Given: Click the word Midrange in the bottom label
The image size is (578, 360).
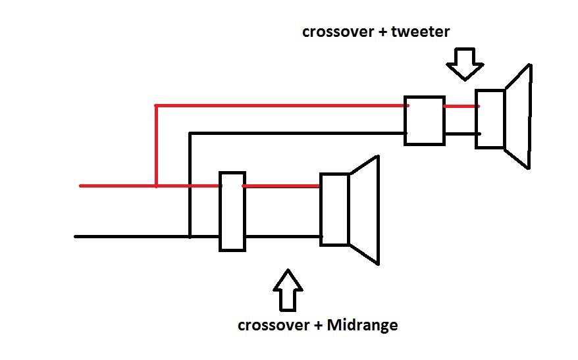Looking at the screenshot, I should pyautogui.click(x=366, y=325).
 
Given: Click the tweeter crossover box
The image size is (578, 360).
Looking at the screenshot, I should pyautogui.click(x=424, y=120).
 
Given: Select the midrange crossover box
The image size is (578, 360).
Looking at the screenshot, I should pyautogui.click(x=232, y=211).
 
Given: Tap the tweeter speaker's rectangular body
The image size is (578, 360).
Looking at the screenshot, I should pyautogui.click(x=490, y=120).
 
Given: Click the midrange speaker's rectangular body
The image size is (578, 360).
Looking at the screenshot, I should pyautogui.click(x=334, y=209).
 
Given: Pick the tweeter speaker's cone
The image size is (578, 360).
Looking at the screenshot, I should pyautogui.click(x=518, y=117).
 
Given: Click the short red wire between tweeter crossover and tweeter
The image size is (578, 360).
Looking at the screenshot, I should pyautogui.click(x=460, y=105).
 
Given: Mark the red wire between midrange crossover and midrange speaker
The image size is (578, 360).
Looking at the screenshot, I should pyautogui.click(x=282, y=186).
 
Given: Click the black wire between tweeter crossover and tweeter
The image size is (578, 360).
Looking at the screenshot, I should pyautogui.click(x=460, y=134).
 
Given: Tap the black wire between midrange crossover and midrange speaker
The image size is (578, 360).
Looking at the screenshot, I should pyautogui.click(x=282, y=236).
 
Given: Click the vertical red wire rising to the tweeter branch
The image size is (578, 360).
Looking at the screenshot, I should pyautogui.click(x=156, y=145).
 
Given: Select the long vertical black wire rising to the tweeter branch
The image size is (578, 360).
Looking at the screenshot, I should pyautogui.click(x=190, y=184).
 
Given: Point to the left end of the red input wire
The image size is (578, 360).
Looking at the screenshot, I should pyautogui.click(x=82, y=186).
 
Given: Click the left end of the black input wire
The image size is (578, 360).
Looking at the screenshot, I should pyautogui.click(x=77, y=236).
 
